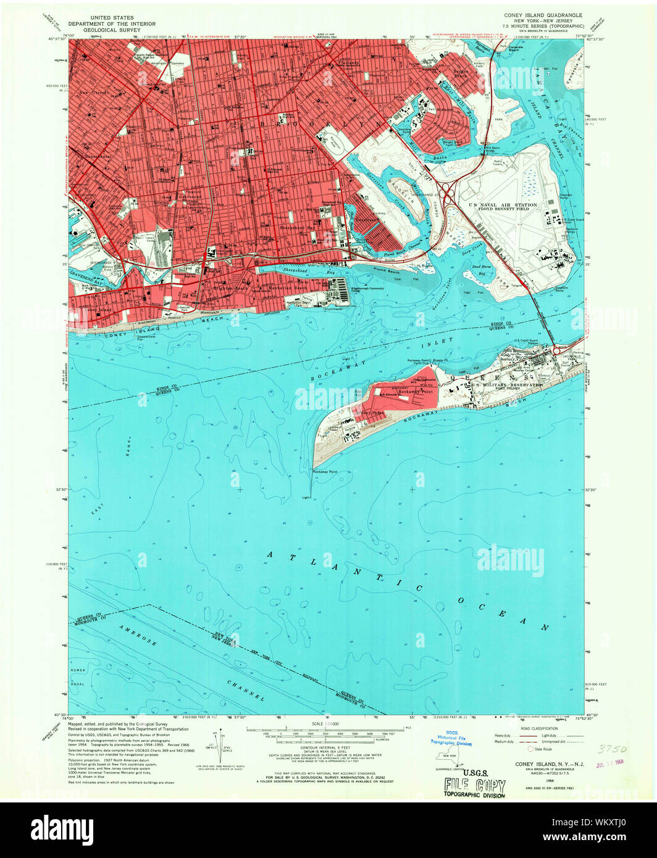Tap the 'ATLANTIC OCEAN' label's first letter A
coord(270,555)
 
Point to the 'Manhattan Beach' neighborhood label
coord(284,288)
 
